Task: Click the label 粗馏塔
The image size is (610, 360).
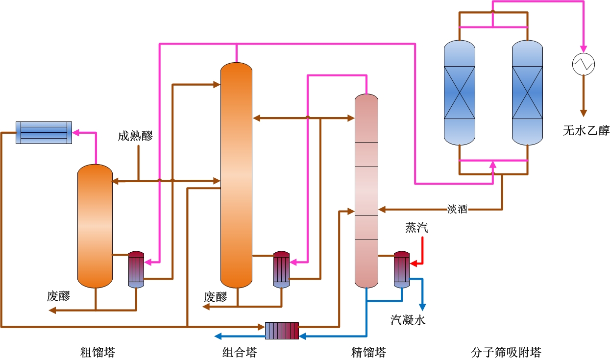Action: point(98,352)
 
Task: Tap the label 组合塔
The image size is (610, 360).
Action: point(239,352)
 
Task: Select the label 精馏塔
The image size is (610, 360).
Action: point(368,352)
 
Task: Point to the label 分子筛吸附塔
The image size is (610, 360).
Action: point(506,352)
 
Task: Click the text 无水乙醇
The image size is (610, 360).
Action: point(586,131)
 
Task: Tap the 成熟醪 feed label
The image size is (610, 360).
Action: point(135,136)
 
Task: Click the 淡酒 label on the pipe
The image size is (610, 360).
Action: point(458,209)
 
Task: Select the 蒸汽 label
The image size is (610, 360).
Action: point(416,228)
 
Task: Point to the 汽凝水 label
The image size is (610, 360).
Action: point(408,320)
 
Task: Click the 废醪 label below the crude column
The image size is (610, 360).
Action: point(58,296)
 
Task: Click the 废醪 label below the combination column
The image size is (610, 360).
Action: point(216,297)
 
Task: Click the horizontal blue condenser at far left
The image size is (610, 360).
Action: point(44,132)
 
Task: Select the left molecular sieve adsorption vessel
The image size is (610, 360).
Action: point(460,93)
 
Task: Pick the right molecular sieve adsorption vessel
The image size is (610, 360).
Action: point(527,93)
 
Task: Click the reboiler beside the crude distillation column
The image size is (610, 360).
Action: point(136,269)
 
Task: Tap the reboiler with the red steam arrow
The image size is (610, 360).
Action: point(401,269)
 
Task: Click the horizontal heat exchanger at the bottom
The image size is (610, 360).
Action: point(282,331)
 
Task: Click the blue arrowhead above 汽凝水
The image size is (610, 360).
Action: point(422,308)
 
